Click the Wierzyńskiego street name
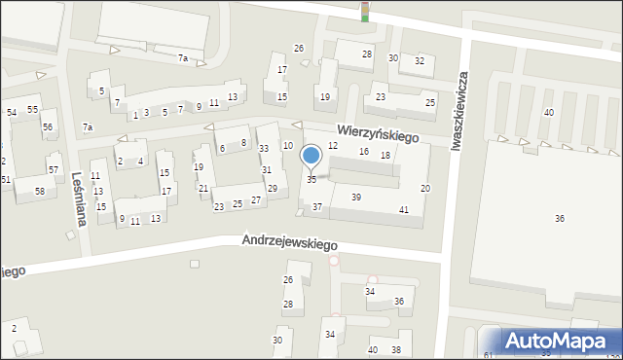[379, 132]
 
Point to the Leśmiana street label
[77, 199]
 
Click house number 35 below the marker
[311, 180]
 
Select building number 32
[420, 60]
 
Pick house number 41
[403, 210]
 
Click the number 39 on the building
[356, 198]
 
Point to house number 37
[317, 207]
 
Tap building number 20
[424, 187]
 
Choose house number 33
[264, 148]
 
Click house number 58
[39, 191]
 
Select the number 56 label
[47, 127]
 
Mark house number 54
[12, 113]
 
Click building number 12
[333, 145]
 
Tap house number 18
[385, 156]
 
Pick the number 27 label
[256, 200]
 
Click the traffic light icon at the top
[365, 12]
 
